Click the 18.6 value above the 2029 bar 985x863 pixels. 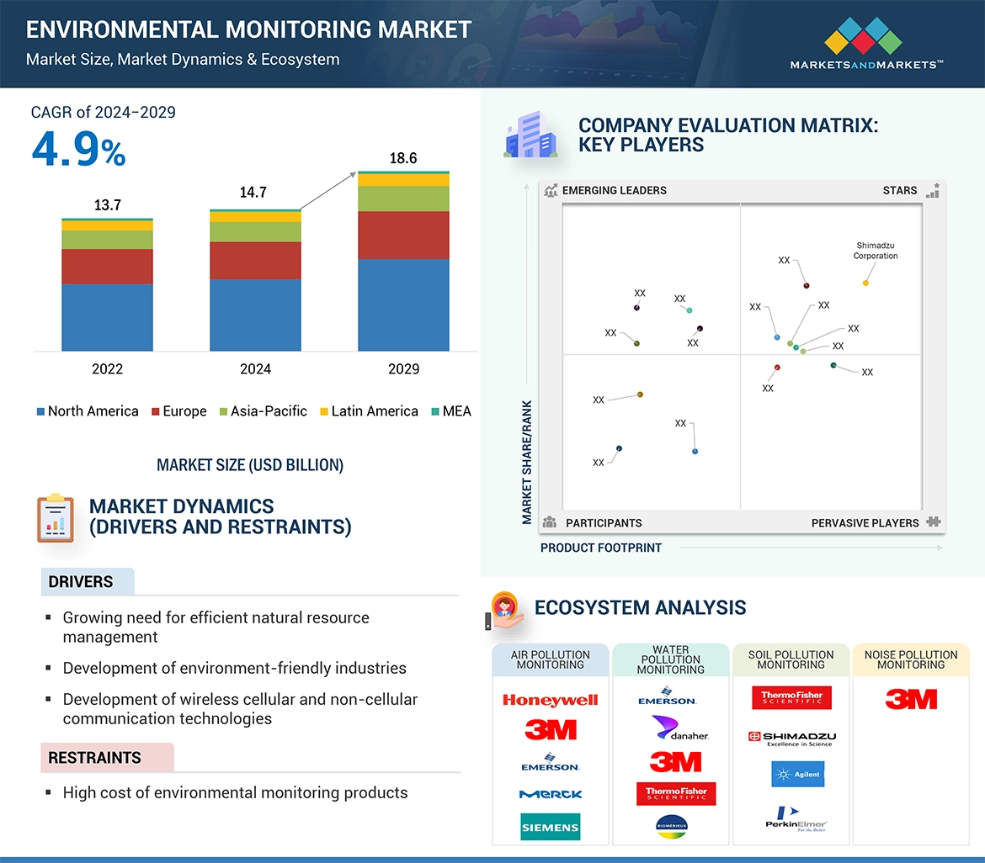click(402, 158)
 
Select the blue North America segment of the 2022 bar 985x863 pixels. click(107, 317)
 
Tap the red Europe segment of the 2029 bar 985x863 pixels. click(403, 235)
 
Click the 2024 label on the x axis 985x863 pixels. click(255, 369)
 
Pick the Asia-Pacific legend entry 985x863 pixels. click(264, 411)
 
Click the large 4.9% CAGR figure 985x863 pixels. click(78, 151)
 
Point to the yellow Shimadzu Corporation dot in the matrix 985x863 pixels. click(865, 283)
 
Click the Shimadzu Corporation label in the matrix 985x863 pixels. click(876, 251)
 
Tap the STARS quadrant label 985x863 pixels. click(899, 190)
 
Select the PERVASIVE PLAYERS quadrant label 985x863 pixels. click(865, 523)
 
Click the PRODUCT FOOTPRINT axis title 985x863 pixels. click(601, 548)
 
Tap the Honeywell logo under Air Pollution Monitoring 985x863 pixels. click(550, 700)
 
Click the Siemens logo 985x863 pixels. click(550, 827)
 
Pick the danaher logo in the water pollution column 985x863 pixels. click(679, 729)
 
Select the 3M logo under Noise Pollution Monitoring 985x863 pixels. click(911, 699)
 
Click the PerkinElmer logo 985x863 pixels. click(796, 817)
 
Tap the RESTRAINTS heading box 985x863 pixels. click(107, 758)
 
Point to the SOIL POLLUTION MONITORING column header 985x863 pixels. click(791, 659)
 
